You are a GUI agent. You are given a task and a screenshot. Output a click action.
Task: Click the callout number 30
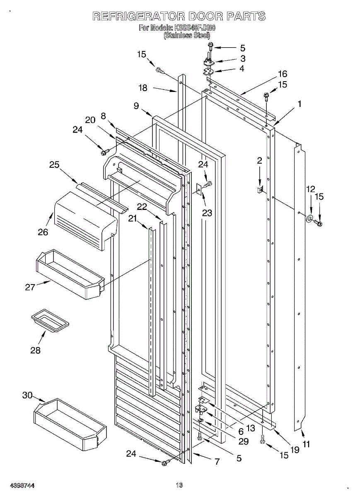click(27, 396)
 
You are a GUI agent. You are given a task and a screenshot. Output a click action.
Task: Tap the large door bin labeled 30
click(70, 425)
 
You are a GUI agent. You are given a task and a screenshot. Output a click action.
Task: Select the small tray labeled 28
click(50, 320)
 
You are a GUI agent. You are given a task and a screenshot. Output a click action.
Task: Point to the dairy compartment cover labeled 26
click(85, 222)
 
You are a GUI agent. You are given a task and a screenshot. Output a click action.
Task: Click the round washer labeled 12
click(309, 219)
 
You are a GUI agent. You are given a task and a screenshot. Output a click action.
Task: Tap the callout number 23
click(207, 213)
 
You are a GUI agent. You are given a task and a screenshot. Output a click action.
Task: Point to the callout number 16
click(282, 74)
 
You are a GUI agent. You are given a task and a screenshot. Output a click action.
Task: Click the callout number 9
click(136, 106)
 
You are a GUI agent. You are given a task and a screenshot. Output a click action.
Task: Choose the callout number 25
click(54, 164)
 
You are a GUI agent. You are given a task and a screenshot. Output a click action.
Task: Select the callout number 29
click(243, 442)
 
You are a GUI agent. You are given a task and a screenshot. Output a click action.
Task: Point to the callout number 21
click(133, 218)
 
